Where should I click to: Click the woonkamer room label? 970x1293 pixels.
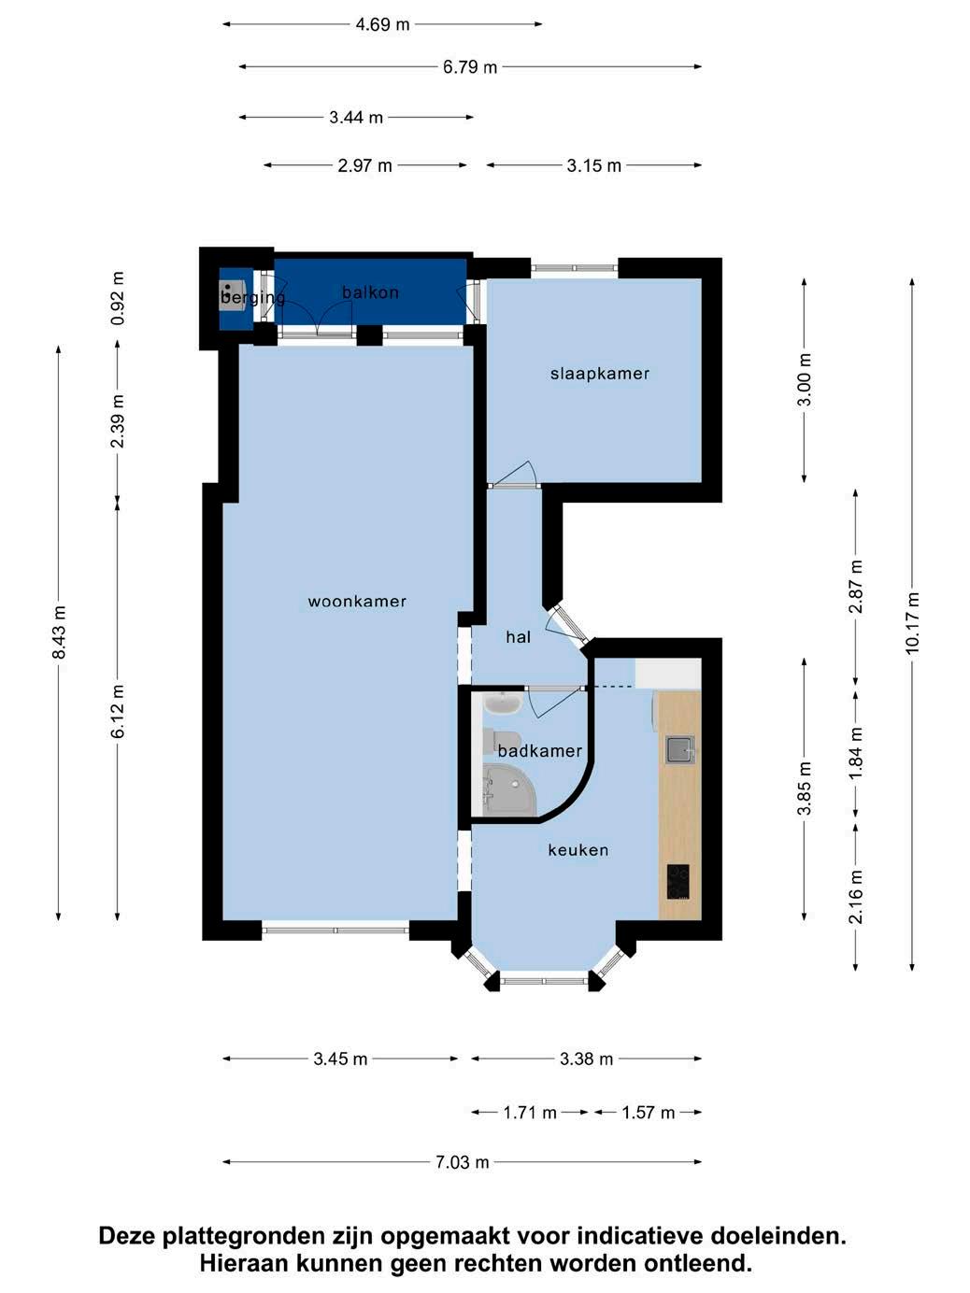point(357,602)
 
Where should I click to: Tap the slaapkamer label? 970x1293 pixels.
point(600,374)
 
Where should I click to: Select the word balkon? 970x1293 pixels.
point(370,292)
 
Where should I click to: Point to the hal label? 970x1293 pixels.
point(519,637)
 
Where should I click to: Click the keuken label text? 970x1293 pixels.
point(578,850)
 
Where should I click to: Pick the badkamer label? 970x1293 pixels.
point(540,751)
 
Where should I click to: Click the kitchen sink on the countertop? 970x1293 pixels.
point(680,749)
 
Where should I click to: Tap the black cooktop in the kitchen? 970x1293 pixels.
point(678,882)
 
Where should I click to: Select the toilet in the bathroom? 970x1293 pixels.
point(502,741)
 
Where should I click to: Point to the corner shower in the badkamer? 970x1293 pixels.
point(509,790)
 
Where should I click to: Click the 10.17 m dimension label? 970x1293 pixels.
point(912,622)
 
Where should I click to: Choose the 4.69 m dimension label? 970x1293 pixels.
point(382,24)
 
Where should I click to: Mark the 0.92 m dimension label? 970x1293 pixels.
point(118,298)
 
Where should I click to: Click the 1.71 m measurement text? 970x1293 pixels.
point(530,1113)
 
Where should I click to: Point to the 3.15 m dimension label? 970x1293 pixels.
point(593,166)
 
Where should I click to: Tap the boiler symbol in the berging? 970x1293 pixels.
point(227,291)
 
